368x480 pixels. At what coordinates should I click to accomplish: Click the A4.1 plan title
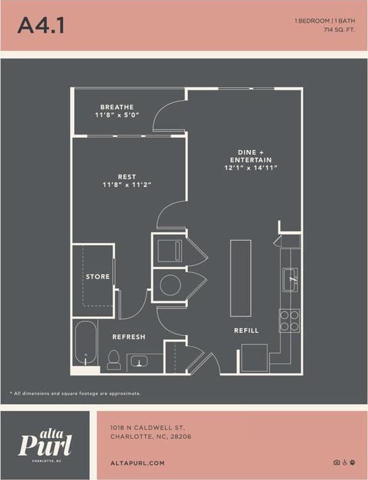pyautogui.click(x=41, y=25)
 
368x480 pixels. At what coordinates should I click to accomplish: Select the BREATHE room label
pyautogui.click(x=116, y=107)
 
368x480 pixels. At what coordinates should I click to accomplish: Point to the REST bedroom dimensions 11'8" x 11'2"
pyautogui.click(x=127, y=185)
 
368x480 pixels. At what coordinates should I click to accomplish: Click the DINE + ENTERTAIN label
pyautogui.click(x=250, y=156)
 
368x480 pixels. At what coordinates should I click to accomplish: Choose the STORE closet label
pyautogui.click(x=98, y=276)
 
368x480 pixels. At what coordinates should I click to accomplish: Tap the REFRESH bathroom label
pyautogui.click(x=128, y=337)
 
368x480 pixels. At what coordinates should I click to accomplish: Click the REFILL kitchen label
pyautogui.click(x=246, y=330)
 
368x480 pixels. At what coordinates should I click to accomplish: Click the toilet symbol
pyautogui.click(x=114, y=359)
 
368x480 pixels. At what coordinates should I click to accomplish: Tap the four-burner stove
pyautogui.click(x=289, y=320)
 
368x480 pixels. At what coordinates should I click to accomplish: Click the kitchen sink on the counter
pyautogui.click(x=290, y=278)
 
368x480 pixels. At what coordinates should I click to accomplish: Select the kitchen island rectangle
pyautogui.click(x=240, y=278)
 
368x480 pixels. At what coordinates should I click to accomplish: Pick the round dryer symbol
pyautogui.click(x=170, y=285)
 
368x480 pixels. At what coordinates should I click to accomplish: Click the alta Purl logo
pyautogui.click(x=45, y=444)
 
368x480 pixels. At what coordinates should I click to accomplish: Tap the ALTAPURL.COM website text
pyautogui.click(x=137, y=463)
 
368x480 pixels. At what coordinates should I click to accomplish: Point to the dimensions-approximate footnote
pyautogui.click(x=75, y=393)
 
